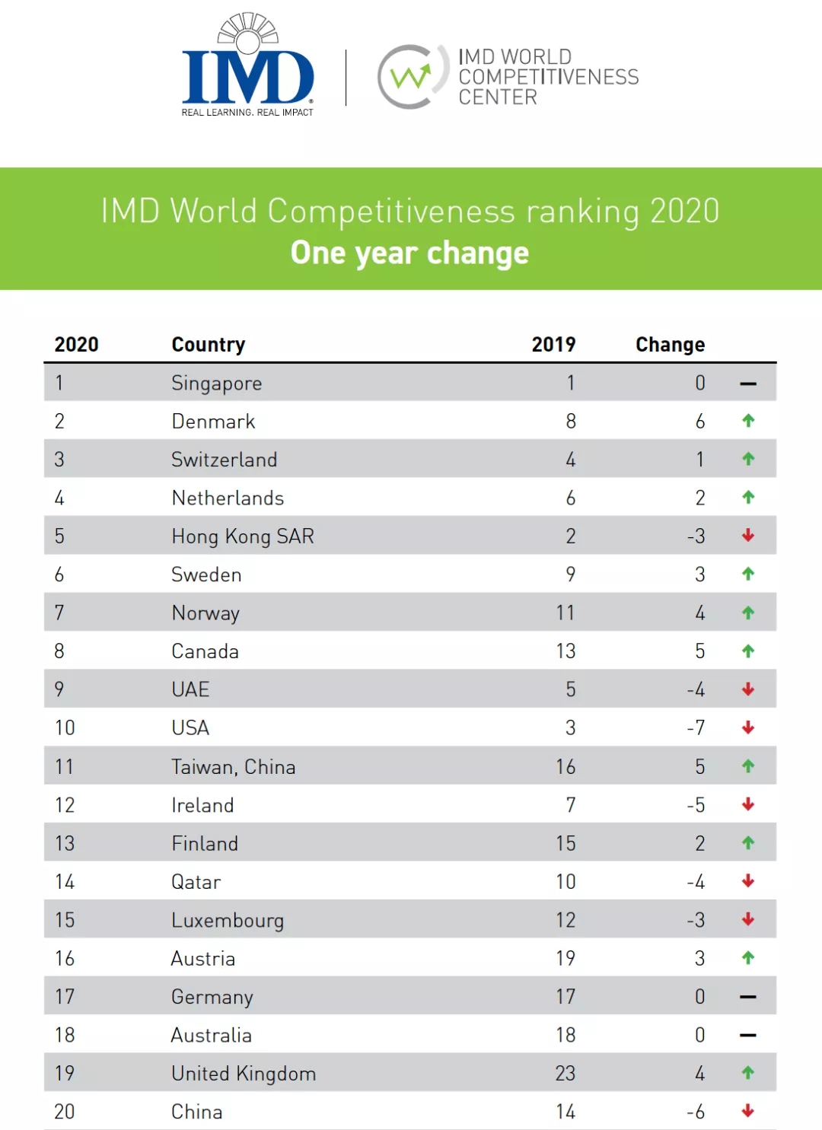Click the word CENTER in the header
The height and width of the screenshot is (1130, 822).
pyautogui.click(x=498, y=97)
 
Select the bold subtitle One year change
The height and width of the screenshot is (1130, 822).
pyautogui.click(x=409, y=253)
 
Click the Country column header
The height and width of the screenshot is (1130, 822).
pyautogui.click(x=208, y=345)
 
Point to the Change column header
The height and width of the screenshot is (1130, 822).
pyautogui.click(x=670, y=345)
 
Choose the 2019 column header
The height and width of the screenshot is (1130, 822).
pyautogui.click(x=553, y=345)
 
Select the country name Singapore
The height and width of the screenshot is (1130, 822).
pyautogui.click(x=216, y=383)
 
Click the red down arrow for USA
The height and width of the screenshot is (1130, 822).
pyautogui.click(x=748, y=727)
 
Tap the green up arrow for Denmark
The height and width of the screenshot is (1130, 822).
pyautogui.click(x=748, y=421)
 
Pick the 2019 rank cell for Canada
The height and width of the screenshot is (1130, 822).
pyautogui.click(x=566, y=651)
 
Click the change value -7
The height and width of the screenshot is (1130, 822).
pyautogui.click(x=696, y=727)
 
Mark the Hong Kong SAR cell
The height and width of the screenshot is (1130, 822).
pyautogui.click(x=243, y=536)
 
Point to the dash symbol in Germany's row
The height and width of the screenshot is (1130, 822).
pyautogui.click(x=748, y=997)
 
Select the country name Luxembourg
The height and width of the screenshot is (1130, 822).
pyautogui.click(x=228, y=920)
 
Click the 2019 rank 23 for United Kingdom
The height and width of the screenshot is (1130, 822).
pyautogui.click(x=565, y=1074)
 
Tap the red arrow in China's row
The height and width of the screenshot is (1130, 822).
pyautogui.click(x=748, y=1111)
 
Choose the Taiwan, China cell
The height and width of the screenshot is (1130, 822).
pyautogui.click(x=233, y=766)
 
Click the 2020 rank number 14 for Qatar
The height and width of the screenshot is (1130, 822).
pyautogui.click(x=65, y=882)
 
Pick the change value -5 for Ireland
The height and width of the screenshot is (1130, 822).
pyautogui.click(x=696, y=805)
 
